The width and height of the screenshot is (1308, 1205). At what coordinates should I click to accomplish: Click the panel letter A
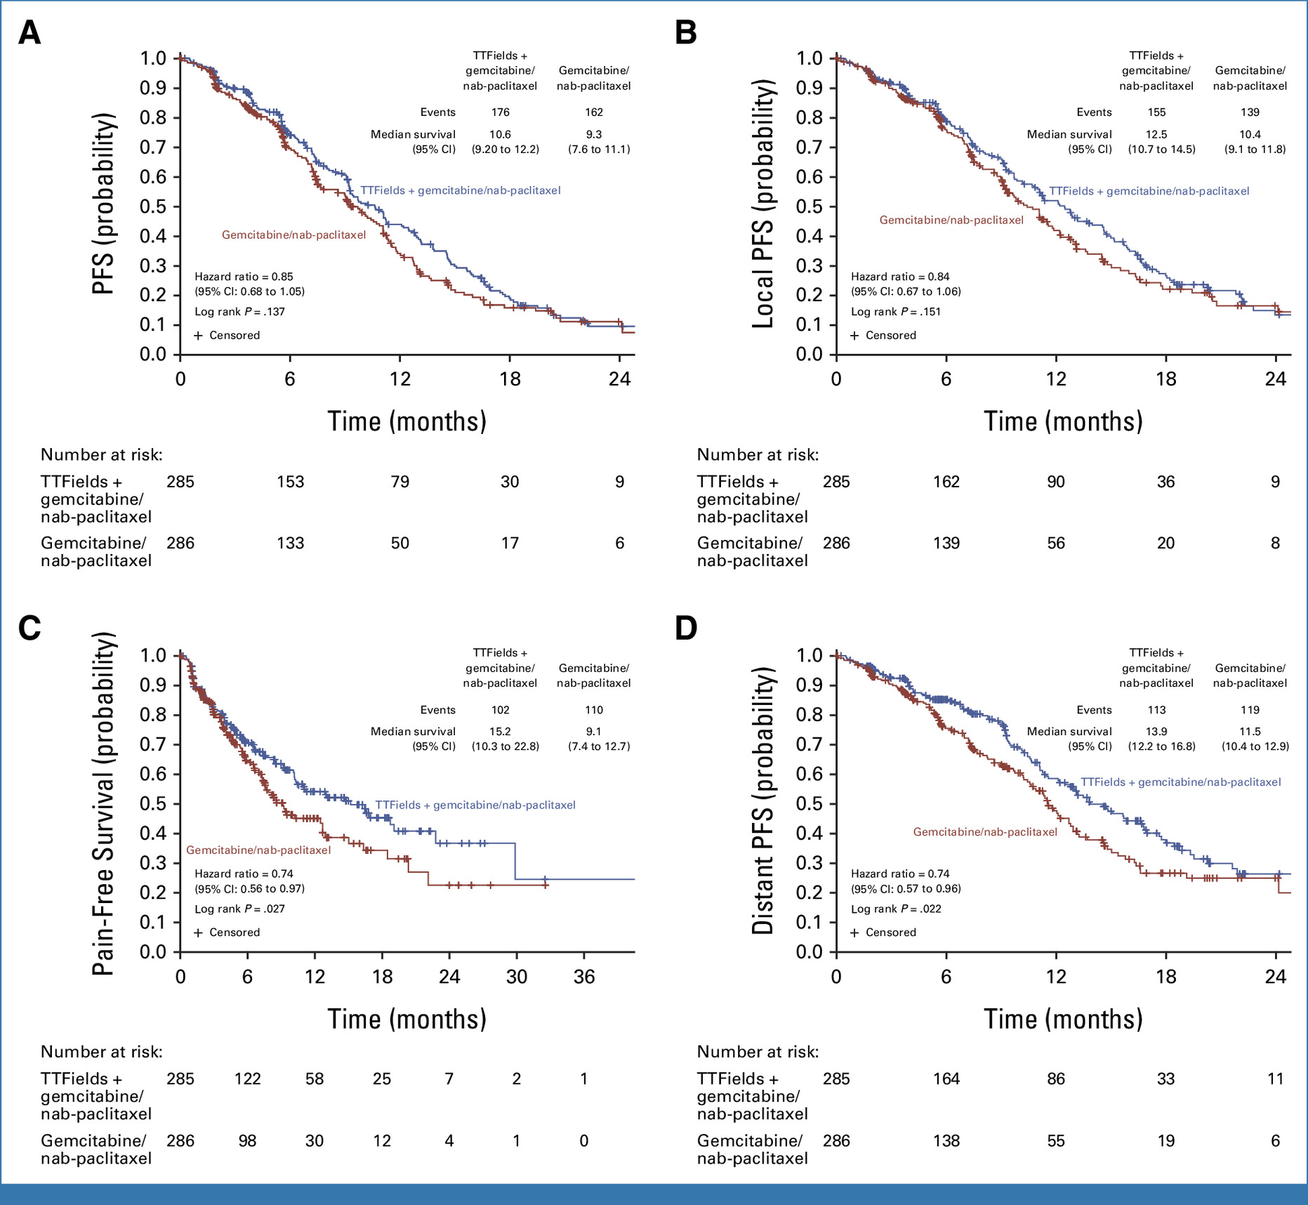point(29,33)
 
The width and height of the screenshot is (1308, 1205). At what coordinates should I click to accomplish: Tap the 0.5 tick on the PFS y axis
point(153,206)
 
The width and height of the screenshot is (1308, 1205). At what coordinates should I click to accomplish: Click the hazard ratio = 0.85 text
point(244,277)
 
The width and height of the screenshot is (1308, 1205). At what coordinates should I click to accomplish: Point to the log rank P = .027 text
point(239,909)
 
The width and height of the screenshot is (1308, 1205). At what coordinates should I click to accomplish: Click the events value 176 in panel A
point(500,112)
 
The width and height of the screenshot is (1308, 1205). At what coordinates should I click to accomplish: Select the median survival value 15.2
point(500,731)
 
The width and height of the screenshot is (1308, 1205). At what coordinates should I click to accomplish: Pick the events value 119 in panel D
point(1250,710)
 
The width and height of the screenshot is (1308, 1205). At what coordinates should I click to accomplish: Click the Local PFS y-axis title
point(764,204)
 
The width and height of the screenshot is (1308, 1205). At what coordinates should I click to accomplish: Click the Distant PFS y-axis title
point(764,801)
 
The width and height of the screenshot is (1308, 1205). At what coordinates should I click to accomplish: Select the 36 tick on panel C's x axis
point(584,977)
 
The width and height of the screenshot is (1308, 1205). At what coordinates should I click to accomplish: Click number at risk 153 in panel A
point(290,482)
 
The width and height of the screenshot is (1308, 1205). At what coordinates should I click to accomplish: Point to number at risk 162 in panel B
point(946,482)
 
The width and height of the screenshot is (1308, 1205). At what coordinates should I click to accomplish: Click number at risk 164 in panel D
point(946,1079)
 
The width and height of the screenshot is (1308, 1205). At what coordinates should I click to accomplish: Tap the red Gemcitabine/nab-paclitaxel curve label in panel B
point(951,220)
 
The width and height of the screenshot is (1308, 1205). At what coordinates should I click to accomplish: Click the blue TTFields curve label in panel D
point(1180,782)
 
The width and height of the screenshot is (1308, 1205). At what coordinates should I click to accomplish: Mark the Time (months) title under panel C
point(407,1019)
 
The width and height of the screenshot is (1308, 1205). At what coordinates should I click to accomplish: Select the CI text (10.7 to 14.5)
point(1161,150)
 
